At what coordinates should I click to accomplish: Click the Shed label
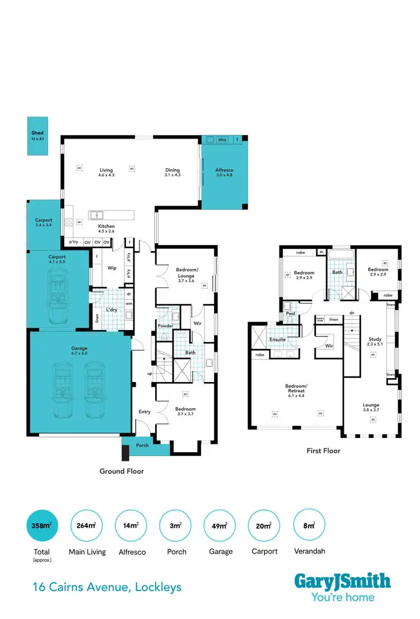[38, 133]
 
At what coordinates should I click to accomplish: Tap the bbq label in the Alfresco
[222, 139]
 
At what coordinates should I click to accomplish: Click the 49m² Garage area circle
[221, 525]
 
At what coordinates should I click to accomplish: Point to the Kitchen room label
[106, 226]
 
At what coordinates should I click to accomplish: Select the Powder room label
[165, 326]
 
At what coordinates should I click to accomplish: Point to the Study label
[374, 339]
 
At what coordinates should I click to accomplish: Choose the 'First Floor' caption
[323, 450]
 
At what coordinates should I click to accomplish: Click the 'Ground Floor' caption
[122, 471]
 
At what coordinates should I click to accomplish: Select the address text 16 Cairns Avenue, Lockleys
[106, 588]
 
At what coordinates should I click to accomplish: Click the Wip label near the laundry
[111, 268]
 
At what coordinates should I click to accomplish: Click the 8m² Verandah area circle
[309, 525]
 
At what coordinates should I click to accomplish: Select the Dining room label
[172, 170]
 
